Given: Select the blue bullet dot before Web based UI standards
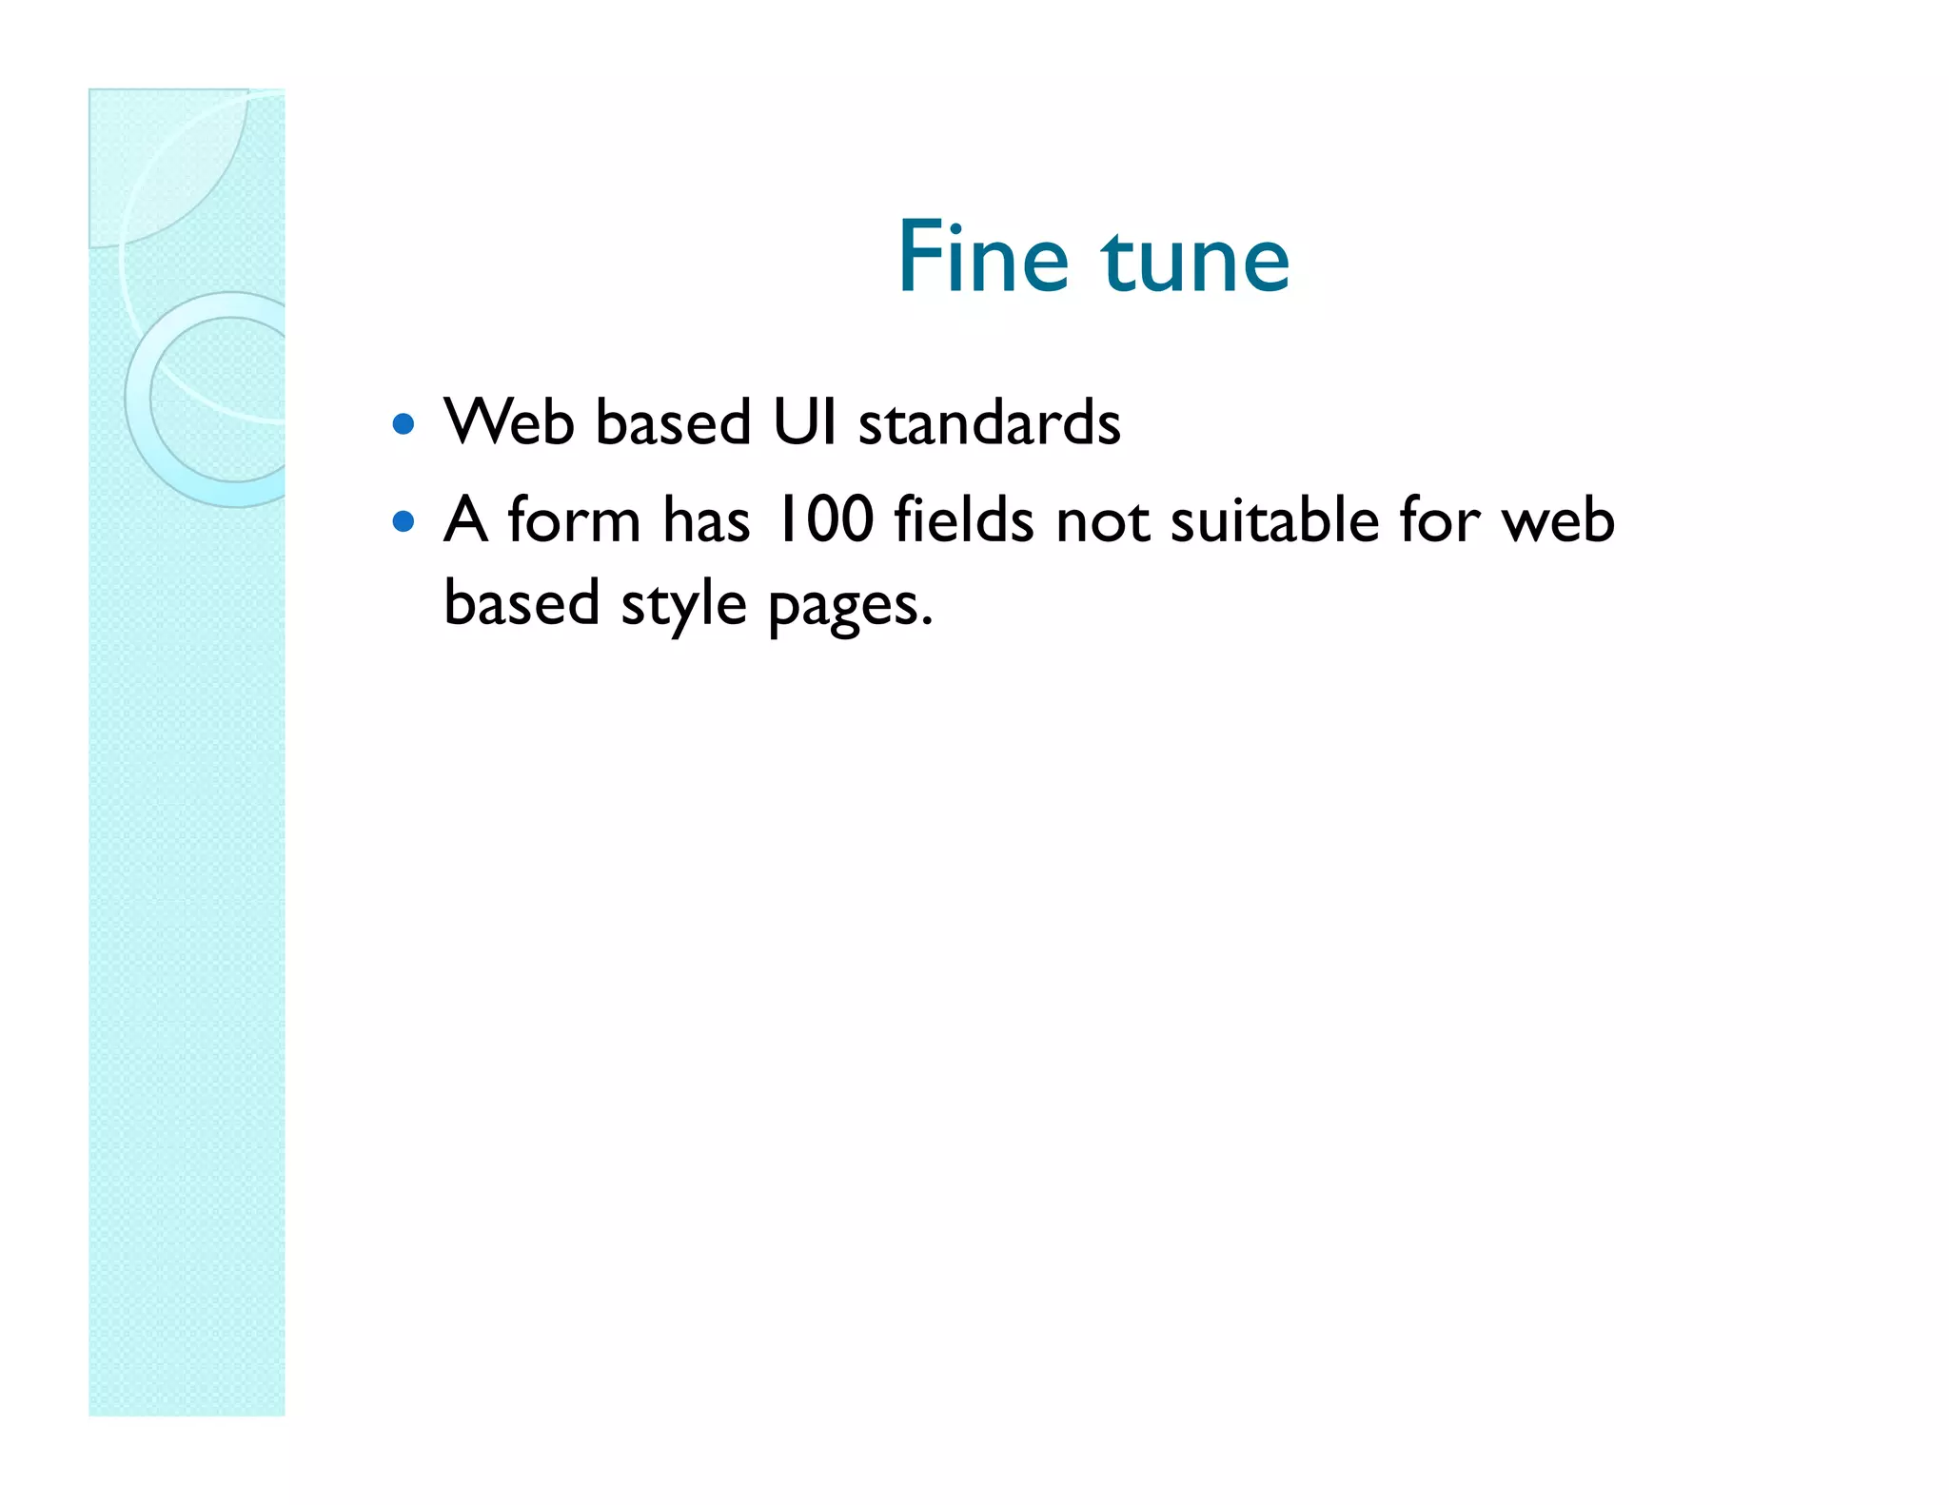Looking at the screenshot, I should coord(404,423).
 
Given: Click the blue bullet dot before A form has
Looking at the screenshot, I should coord(404,521).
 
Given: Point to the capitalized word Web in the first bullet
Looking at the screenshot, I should coord(509,421).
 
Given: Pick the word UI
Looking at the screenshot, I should coord(804,421).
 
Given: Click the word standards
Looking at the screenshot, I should coord(990,421).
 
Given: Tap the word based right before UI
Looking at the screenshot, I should coord(674,421).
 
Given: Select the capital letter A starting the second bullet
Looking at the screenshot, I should coord(465,520).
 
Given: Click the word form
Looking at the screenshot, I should coord(574,520).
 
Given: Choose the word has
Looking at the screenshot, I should coord(706,520).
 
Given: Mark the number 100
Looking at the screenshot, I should coord(824,520).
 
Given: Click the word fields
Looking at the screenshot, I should coord(963,520).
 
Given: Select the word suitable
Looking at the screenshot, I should coord(1274,520).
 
